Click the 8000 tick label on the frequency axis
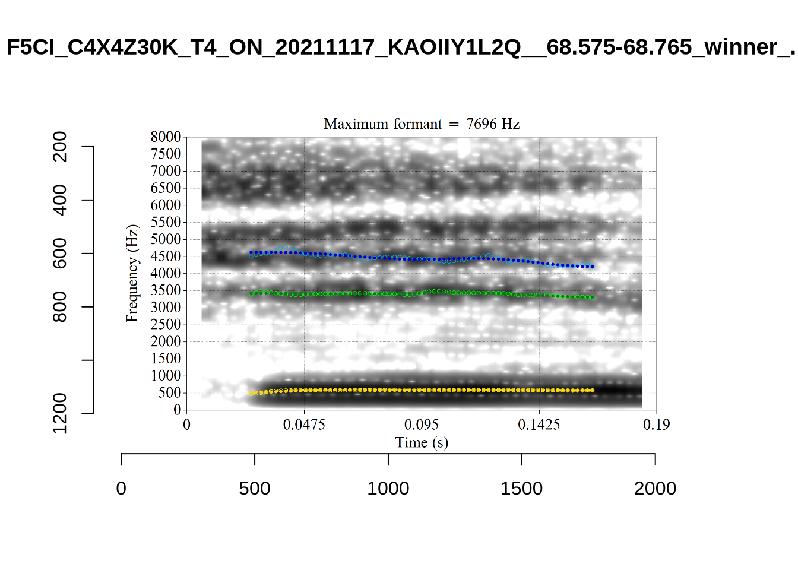click(x=166, y=137)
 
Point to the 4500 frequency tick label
click(x=166, y=256)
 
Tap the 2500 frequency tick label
click(x=166, y=325)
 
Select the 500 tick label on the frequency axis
click(x=170, y=393)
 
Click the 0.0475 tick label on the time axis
click(x=304, y=425)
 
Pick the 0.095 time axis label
click(x=422, y=425)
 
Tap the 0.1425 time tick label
click(x=539, y=425)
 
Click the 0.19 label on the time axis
click(x=656, y=425)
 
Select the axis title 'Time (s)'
click(x=422, y=443)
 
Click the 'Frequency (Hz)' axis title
click(x=132, y=273)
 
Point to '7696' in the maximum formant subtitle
click(x=482, y=124)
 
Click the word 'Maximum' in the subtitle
click(x=352, y=124)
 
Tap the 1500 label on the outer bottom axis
click(x=521, y=489)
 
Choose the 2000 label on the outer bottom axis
click(x=655, y=489)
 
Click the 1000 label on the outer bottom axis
click(x=388, y=489)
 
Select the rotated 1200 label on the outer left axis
click(x=60, y=413)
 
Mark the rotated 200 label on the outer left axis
click(x=60, y=147)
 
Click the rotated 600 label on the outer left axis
click(x=60, y=254)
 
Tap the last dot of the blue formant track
click(x=592, y=267)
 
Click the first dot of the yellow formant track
click(x=251, y=393)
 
